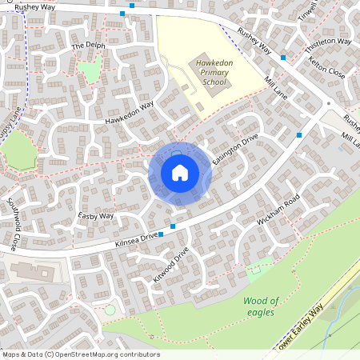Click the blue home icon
pos(180,172)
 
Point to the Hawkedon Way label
pos(128,113)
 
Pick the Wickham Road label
pos(278,209)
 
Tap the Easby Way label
pos(97,217)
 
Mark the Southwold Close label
pos(13,223)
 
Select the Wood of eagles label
pos(260,306)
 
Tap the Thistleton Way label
pos(329,41)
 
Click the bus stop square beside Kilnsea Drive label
pos(162,234)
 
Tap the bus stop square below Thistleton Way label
pos(283,58)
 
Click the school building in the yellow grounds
pos(199,84)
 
